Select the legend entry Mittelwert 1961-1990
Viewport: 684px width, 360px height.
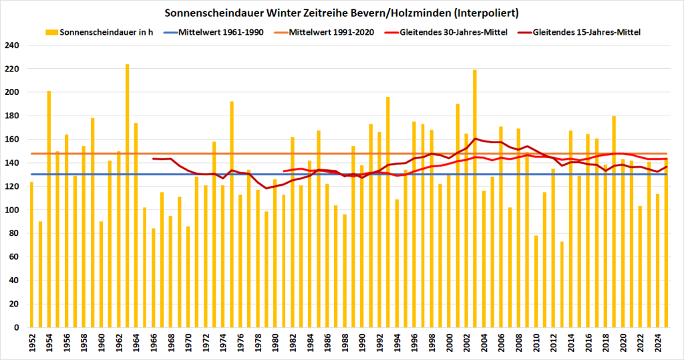(224, 32)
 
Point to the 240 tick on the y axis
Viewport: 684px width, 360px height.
(13, 45)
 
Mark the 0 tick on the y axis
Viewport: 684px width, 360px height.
(18, 327)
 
